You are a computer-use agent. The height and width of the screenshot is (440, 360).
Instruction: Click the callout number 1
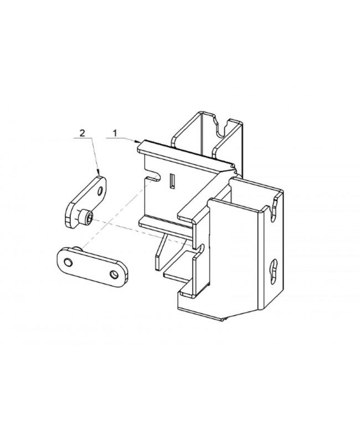click(115, 133)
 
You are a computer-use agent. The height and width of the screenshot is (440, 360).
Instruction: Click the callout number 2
click(83, 133)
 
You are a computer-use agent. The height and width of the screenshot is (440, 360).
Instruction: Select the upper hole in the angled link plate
click(100, 190)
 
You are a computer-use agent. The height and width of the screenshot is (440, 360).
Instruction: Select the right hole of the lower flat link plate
click(114, 274)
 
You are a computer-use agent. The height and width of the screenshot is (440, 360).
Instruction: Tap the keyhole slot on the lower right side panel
click(273, 269)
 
